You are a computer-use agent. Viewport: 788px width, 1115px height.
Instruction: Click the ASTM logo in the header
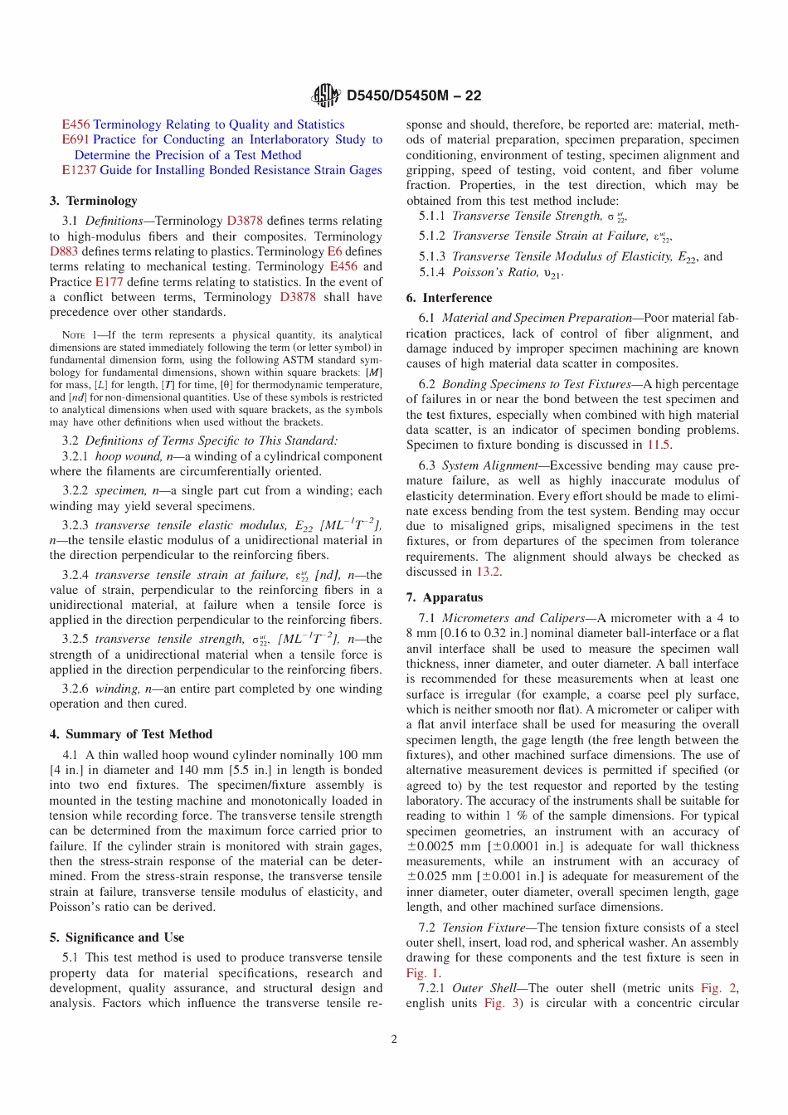point(326,95)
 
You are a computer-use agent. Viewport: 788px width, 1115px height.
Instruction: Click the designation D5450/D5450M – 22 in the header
point(414,95)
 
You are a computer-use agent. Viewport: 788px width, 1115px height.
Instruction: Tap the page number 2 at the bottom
point(394,1039)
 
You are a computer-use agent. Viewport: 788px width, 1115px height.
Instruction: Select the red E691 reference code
point(75,139)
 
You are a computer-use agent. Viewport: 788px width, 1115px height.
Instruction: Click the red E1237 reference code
point(79,170)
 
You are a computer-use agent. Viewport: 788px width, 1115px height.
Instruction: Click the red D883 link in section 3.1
point(64,251)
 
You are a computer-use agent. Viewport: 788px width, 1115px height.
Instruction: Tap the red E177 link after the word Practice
point(109,282)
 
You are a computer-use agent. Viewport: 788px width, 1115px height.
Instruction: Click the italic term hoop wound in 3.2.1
point(129,456)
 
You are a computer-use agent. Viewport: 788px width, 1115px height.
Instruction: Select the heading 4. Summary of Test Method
point(131,734)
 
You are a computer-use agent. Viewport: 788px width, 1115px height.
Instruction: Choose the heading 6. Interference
point(449,298)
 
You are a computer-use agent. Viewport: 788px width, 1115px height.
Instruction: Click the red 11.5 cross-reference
point(659,445)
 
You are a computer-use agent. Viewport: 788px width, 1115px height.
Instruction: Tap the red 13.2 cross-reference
point(488,572)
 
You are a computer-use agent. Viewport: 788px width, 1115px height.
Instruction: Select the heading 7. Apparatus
point(445,597)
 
